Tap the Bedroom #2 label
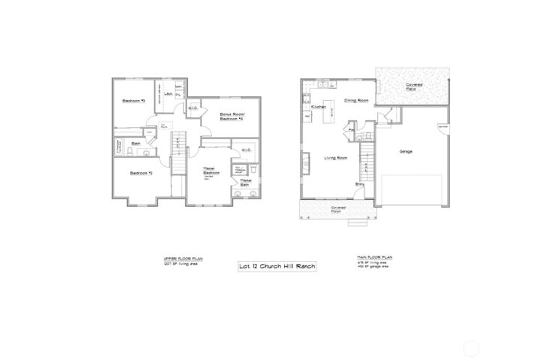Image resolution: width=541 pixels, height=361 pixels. (141, 174)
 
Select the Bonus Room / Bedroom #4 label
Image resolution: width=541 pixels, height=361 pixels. (231, 117)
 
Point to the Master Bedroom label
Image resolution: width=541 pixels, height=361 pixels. (210, 173)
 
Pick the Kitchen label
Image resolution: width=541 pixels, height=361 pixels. (318, 108)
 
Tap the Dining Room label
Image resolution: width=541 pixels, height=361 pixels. (355, 100)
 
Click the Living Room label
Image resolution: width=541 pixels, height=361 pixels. (335, 157)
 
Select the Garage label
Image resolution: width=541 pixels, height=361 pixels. (406, 150)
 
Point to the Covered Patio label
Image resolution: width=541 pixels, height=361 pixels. (413, 86)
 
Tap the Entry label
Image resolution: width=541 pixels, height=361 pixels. (361, 183)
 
